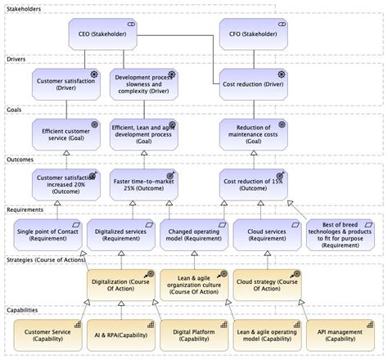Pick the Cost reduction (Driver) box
253,83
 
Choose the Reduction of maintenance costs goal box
253,134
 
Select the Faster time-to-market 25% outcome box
144,185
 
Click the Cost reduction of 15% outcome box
253,185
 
